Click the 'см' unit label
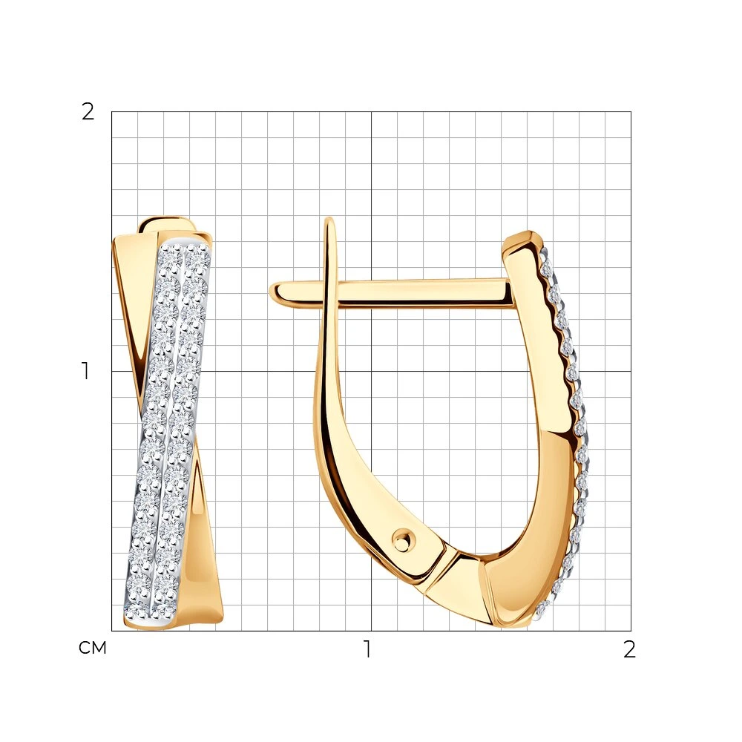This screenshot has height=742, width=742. (93, 648)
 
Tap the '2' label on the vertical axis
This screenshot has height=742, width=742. (88, 112)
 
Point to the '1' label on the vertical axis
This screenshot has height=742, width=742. (85, 371)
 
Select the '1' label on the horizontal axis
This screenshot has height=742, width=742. (367, 649)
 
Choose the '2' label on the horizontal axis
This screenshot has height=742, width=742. (629, 649)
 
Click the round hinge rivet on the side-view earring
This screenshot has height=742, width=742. (403, 539)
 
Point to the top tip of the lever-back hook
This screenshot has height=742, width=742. (330, 220)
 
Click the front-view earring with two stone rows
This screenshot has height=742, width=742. (167, 424)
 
